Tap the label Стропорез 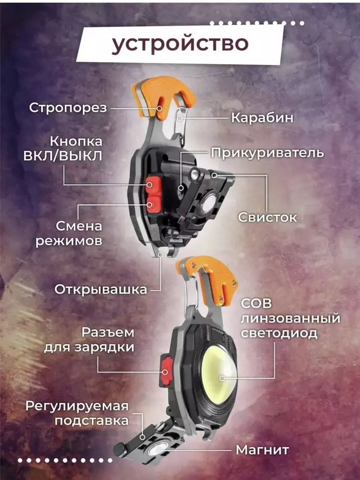68,108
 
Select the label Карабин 262,118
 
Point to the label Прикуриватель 267,153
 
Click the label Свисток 268,217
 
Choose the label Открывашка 101,290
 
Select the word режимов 69,242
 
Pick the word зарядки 104,347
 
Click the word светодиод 279,333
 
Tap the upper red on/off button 154,184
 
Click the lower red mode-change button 154,204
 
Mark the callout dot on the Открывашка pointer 161,255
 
